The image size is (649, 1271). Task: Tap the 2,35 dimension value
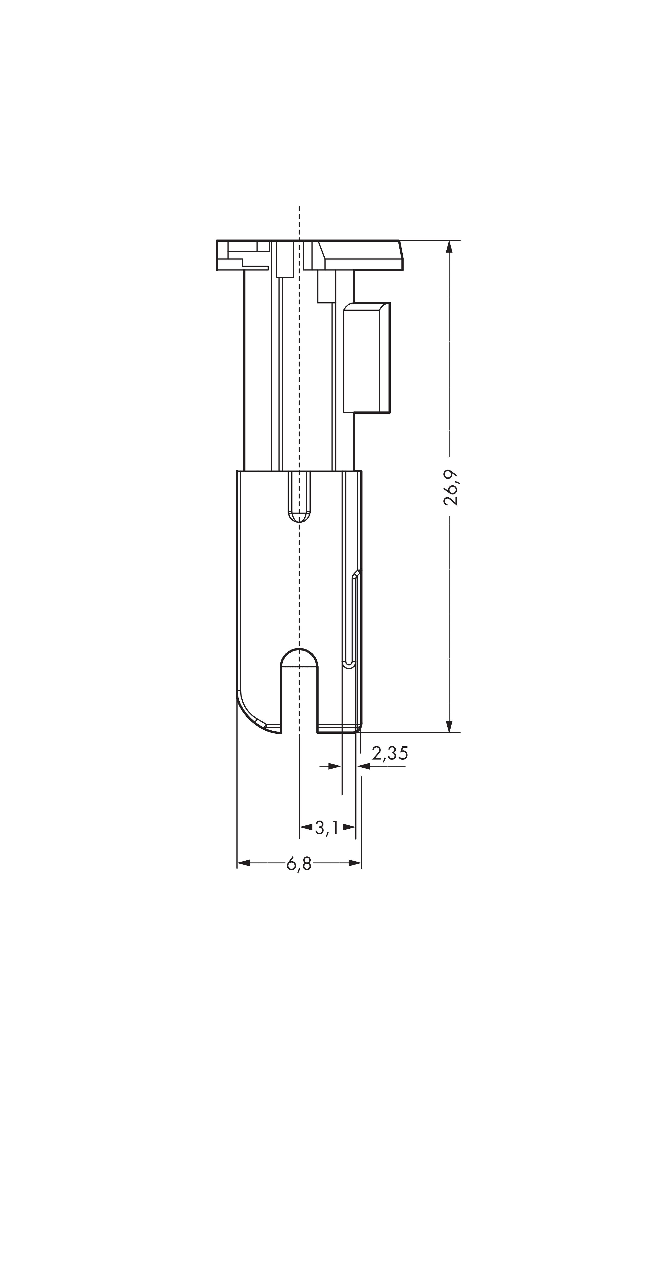tap(390, 753)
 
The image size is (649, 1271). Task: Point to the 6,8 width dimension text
tap(299, 863)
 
